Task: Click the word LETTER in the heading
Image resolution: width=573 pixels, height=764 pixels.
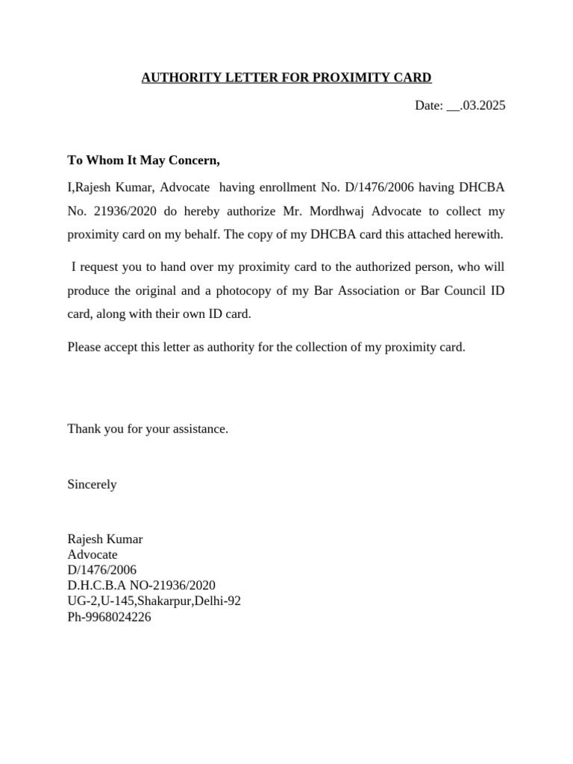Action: pos(242,78)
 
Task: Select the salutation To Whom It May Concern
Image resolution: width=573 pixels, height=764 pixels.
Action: pos(144,160)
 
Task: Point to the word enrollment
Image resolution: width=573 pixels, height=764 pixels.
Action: pos(289,185)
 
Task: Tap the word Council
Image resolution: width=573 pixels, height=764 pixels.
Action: pos(464,290)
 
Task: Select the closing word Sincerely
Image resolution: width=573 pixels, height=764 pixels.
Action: pos(92,484)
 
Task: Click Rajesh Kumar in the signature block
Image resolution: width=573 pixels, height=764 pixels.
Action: pos(105,539)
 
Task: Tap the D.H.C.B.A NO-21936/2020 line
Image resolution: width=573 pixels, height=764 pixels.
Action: pos(141,586)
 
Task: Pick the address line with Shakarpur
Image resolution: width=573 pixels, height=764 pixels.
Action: pos(154,601)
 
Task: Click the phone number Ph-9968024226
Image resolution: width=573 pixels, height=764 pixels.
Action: pos(109,617)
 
